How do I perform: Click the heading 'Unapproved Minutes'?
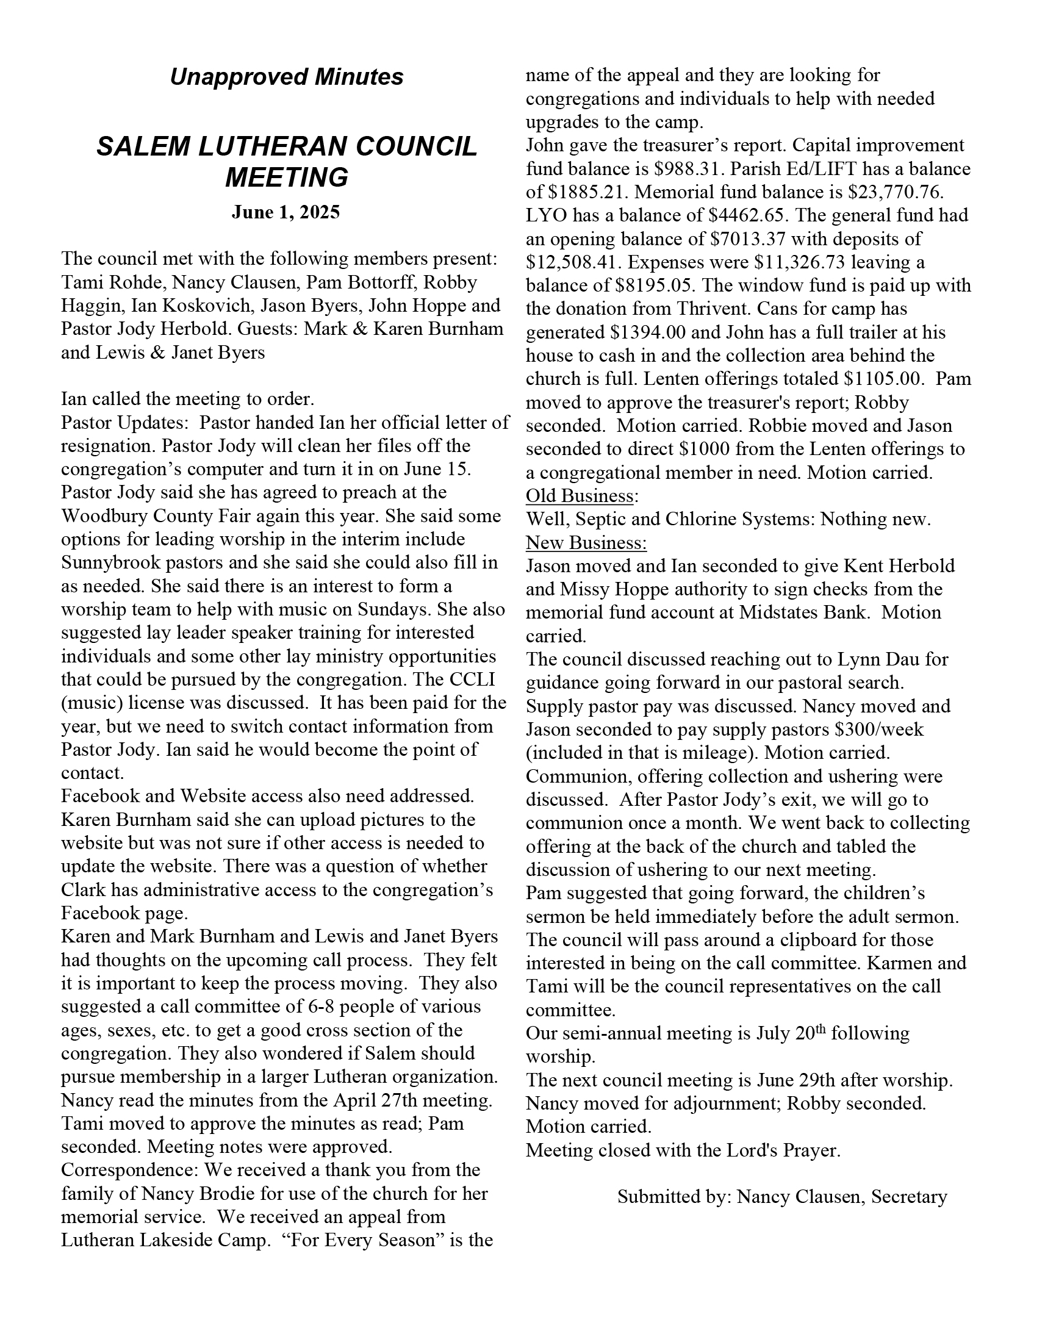click(286, 77)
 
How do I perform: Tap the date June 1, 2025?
click(285, 213)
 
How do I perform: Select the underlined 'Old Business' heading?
click(579, 496)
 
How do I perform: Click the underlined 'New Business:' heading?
click(586, 542)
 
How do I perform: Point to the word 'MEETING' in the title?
click(286, 178)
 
